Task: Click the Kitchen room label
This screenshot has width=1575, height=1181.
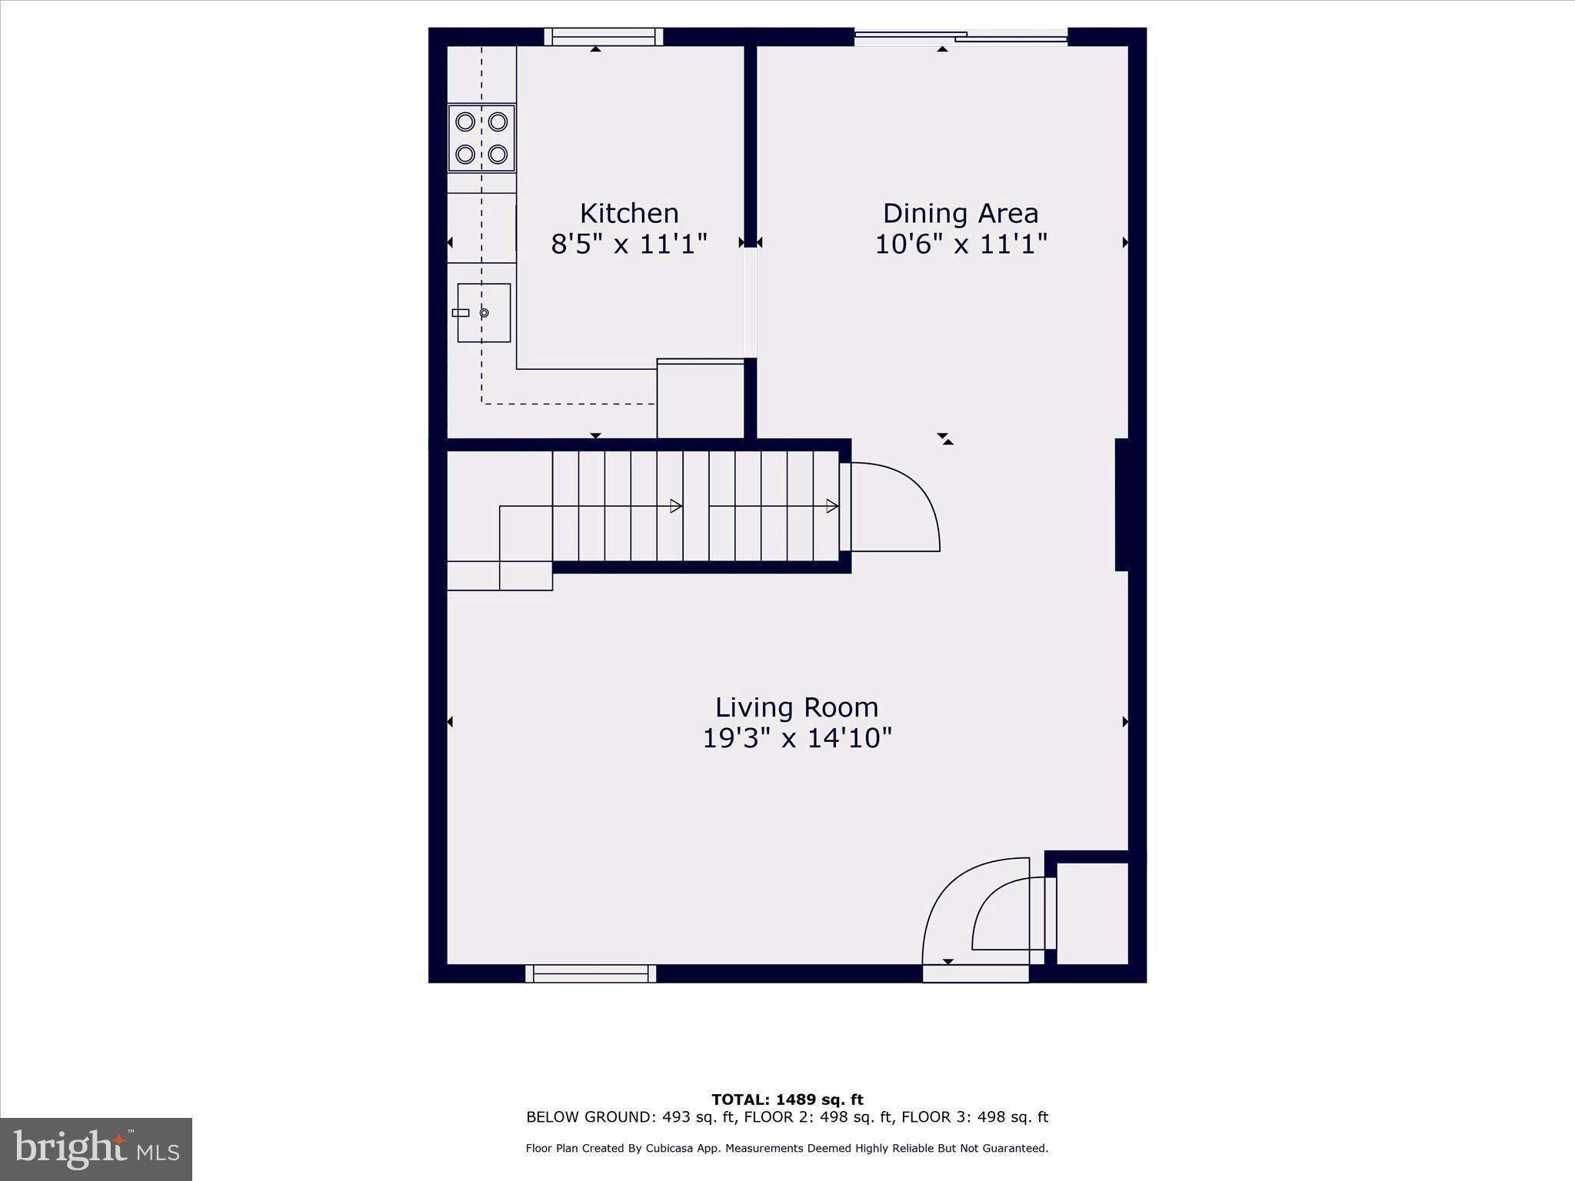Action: coord(628,213)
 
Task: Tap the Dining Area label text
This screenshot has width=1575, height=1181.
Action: coord(960,213)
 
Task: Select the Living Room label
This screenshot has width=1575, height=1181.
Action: coord(796,707)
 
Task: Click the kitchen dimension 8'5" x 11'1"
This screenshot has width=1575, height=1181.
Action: coord(628,245)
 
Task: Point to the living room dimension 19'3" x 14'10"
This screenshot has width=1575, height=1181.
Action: coord(796,738)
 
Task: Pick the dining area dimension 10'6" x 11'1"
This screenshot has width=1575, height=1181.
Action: coord(961,245)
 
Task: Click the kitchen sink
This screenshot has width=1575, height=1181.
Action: coord(484,313)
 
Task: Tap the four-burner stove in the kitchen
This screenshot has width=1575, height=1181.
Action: coord(481,138)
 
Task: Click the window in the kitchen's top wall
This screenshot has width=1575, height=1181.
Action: coord(603,37)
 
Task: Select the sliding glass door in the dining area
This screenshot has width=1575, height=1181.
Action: coord(961,36)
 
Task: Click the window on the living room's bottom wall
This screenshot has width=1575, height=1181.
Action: coord(591,973)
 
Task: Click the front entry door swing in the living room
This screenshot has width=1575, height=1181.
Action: coord(975,915)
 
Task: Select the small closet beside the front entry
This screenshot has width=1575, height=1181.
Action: coord(1091,913)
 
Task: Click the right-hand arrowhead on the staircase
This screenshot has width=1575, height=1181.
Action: coord(831,506)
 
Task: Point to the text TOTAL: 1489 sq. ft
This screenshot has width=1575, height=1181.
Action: coord(787,1099)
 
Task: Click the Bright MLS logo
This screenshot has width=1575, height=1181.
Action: coord(96,1149)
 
